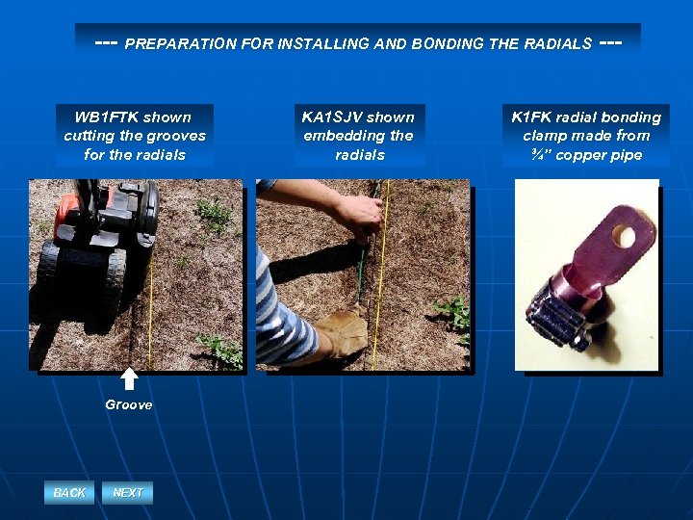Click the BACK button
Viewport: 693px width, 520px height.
pos(69,493)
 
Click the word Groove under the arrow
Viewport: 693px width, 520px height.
pos(128,405)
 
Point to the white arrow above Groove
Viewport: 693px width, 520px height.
pos(129,378)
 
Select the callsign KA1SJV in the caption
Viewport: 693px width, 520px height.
pos(332,117)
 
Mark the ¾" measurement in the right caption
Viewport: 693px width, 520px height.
pos(537,155)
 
